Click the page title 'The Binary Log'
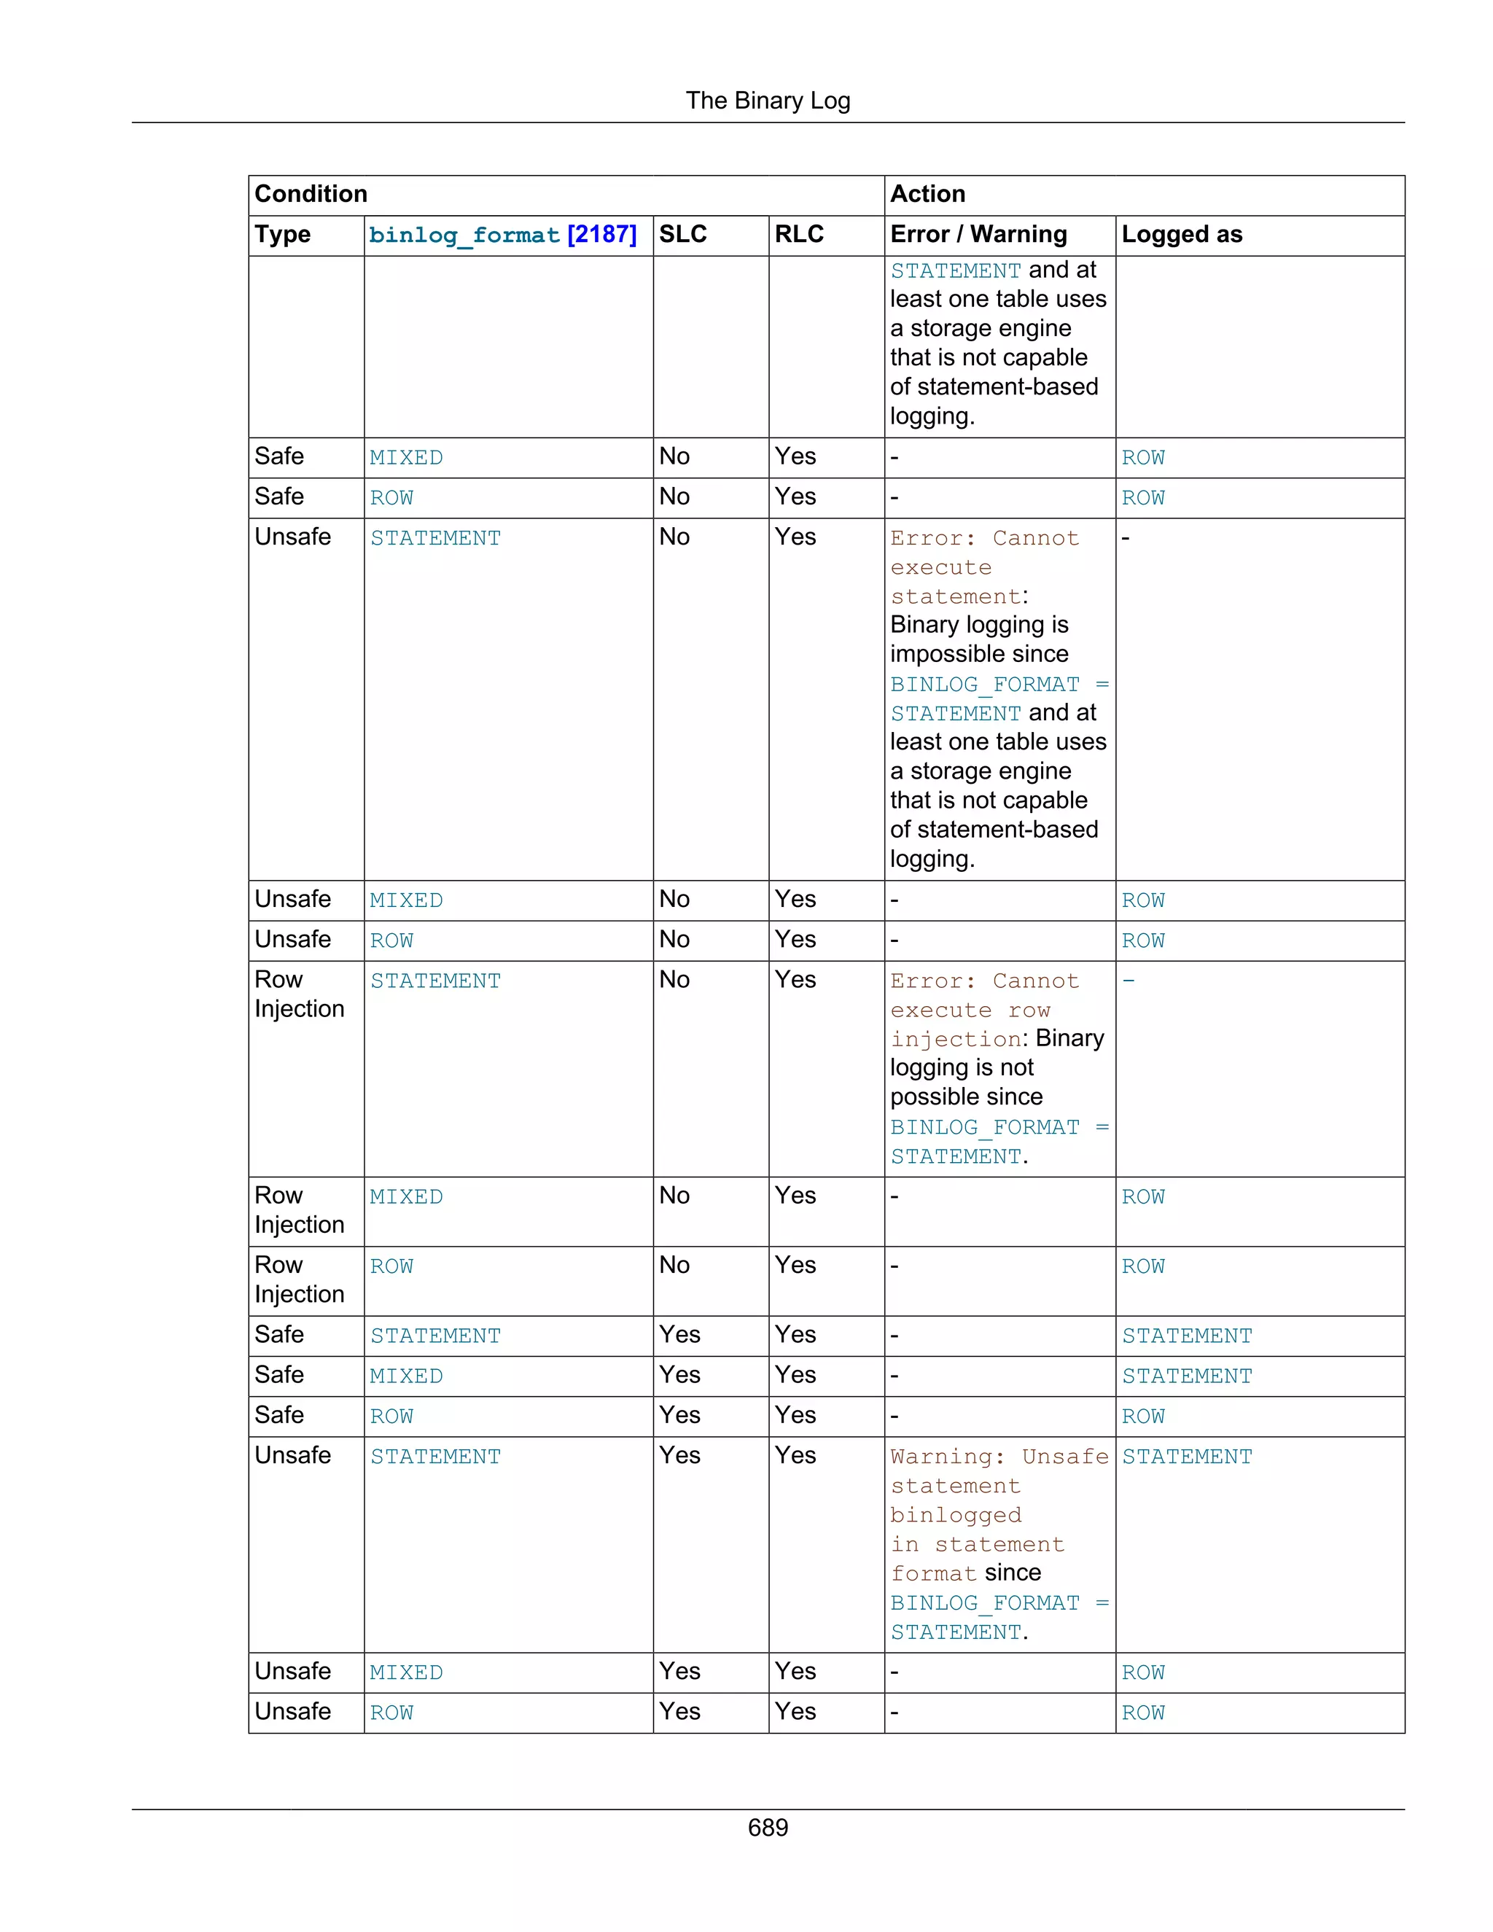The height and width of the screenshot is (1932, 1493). tap(767, 101)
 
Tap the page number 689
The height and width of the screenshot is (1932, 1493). tap(767, 1827)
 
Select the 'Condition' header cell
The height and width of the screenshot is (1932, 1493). tap(311, 194)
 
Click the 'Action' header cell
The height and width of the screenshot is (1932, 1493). tap(927, 194)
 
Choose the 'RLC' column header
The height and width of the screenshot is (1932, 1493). tap(799, 235)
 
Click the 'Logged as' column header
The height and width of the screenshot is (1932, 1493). tap(1181, 235)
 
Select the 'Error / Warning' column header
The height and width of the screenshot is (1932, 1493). tap(978, 235)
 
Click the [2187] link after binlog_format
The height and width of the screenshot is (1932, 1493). tap(601, 235)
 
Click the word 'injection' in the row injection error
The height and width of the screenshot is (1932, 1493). tap(955, 1040)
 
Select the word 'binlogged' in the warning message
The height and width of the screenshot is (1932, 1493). tap(955, 1516)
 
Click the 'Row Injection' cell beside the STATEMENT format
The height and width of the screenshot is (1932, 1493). tap(299, 994)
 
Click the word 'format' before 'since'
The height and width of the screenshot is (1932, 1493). tap(933, 1574)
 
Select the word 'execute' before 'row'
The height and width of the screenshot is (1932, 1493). tap(940, 1010)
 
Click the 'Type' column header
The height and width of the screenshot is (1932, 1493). tap(282, 235)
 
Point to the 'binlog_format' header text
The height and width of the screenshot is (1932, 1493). tap(464, 235)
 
